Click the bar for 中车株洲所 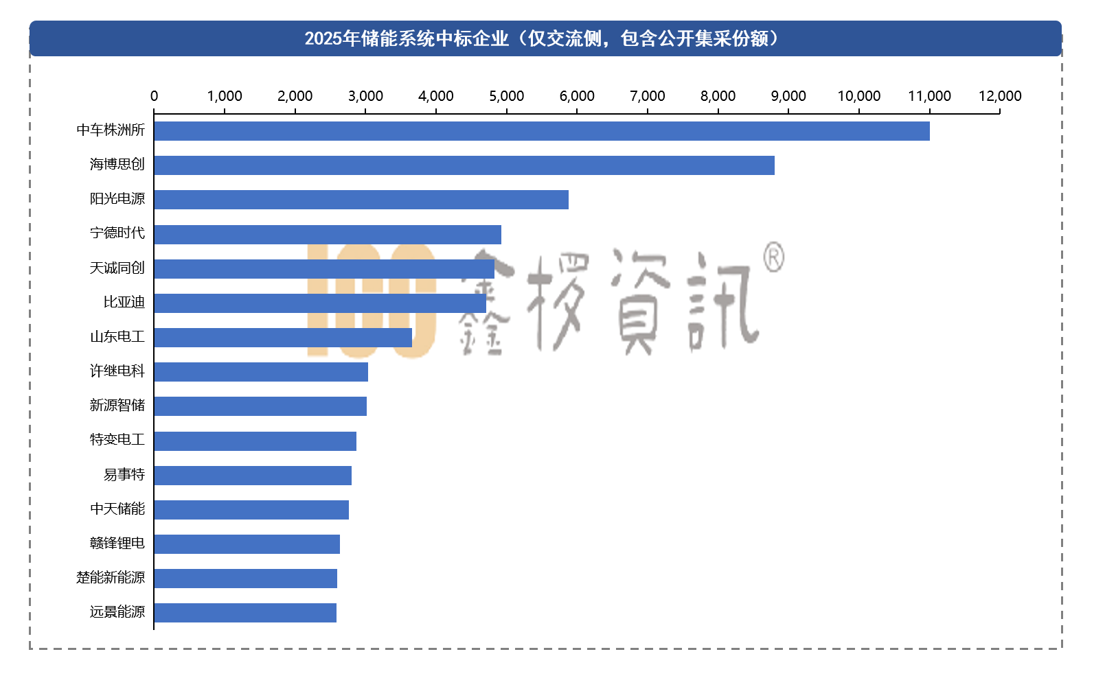tap(541, 131)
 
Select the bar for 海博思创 tap(464, 165)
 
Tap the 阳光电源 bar tap(361, 200)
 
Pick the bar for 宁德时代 tap(328, 235)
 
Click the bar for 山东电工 tap(283, 338)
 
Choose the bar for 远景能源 tap(245, 613)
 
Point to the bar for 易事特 tap(253, 476)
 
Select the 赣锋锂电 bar tap(247, 544)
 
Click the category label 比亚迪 tap(124, 303)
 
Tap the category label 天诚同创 tap(117, 268)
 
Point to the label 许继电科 tap(117, 371)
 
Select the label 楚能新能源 tap(111, 578)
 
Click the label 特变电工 tap(117, 440)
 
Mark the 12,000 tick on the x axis tap(1000, 96)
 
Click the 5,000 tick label tap(506, 96)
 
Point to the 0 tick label tap(154, 96)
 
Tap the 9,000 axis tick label tap(788, 96)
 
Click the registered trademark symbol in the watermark tap(774, 257)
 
